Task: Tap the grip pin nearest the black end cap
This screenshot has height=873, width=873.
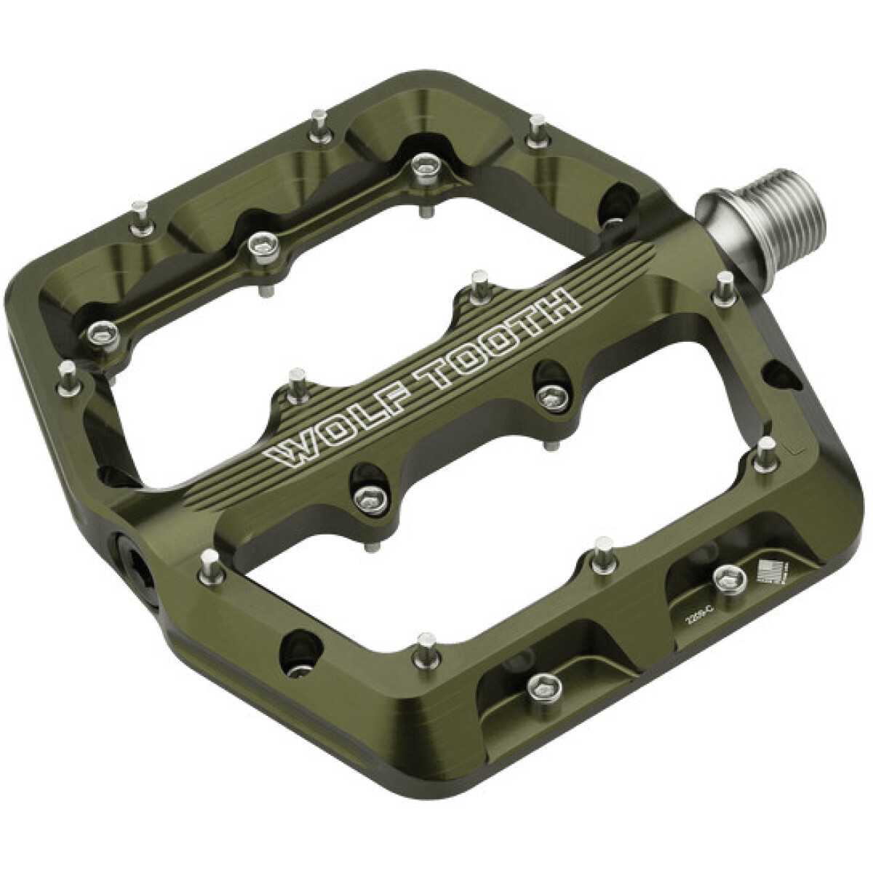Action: [x=210, y=562]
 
